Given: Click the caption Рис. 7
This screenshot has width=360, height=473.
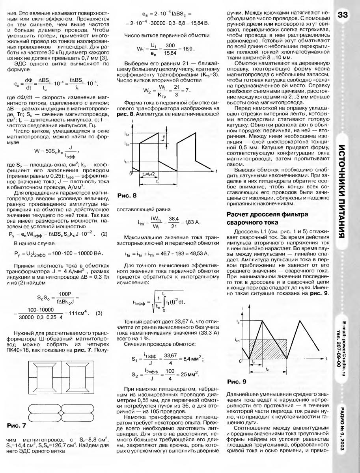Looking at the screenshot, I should [x=16, y=425].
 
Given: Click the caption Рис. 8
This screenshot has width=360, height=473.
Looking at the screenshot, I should [x=127, y=196].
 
